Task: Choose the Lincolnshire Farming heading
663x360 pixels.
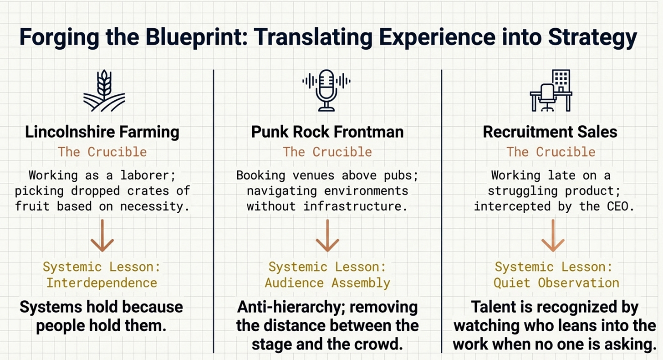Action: coord(102,132)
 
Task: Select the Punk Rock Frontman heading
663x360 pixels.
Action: coord(327,132)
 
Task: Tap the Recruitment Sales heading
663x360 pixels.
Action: coord(550,132)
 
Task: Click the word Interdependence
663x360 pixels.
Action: coord(102,283)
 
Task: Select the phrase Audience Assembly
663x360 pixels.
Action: coord(327,283)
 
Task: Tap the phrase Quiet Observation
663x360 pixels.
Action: coord(556,283)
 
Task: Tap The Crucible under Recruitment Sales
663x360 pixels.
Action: coord(551,152)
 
